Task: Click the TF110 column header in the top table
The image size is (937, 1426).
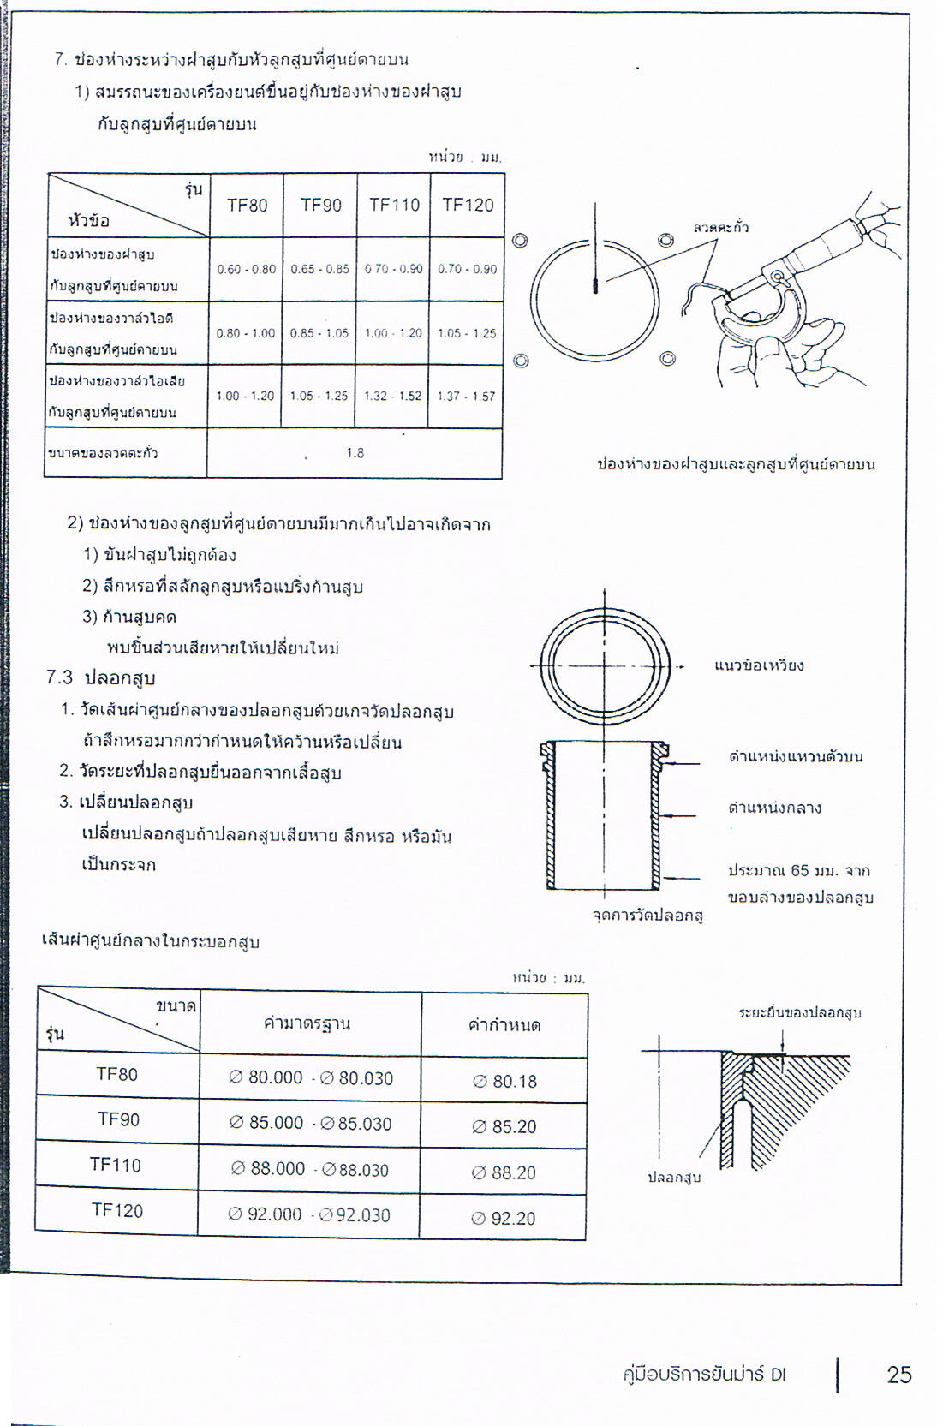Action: [x=394, y=205]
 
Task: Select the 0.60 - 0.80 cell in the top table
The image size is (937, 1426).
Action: [x=247, y=269]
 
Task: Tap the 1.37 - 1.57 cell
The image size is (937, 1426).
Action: [x=467, y=396]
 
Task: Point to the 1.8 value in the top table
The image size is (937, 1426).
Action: [x=355, y=453]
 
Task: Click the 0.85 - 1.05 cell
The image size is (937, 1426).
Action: [x=319, y=333]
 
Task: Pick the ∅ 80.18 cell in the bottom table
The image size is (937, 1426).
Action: [x=504, y=1081]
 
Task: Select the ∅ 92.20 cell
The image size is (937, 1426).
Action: [x=504, y=1218]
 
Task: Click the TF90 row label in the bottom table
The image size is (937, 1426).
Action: [x=118, y=1119]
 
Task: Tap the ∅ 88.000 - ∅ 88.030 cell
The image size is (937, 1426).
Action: [x=309, y=1169]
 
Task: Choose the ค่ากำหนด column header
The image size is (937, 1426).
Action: [x=504, y=1025]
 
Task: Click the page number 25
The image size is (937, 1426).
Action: [x=899, y=1375]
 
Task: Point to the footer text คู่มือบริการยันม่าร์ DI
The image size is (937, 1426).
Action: [x=704, y=1375]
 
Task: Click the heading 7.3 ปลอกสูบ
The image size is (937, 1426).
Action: [x=101, y=678]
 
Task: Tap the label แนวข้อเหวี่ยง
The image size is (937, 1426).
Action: [x=759, y=665]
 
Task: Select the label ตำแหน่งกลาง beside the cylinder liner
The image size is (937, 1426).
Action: [x=774, y=808]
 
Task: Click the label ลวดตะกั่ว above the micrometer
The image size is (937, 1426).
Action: [x=720, y=227]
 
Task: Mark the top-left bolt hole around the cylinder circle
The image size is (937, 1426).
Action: [x=519, y=241]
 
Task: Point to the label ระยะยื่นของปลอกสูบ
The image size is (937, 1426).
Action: [x=800, y=1012]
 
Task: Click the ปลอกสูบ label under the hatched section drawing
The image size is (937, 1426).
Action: [x=674, y=1178]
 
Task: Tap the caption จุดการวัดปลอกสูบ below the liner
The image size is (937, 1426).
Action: [x=648, y=916]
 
